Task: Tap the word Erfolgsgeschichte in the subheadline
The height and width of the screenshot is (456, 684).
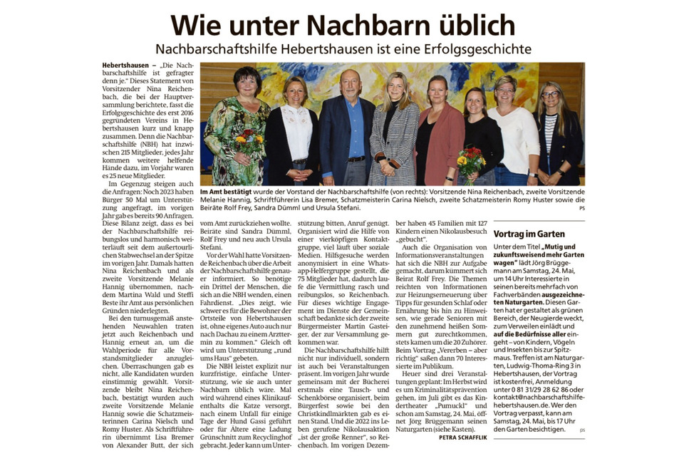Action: coord(471,49)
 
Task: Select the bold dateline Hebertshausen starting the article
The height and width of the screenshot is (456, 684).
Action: coord(126,66)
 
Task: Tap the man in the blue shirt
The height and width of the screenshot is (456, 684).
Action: coord(348,128)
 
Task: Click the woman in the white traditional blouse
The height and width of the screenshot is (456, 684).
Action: coord(294,132)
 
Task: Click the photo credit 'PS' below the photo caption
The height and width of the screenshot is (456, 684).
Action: coord(581,209)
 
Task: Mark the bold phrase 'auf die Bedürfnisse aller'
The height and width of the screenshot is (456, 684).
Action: coord(537,334)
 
